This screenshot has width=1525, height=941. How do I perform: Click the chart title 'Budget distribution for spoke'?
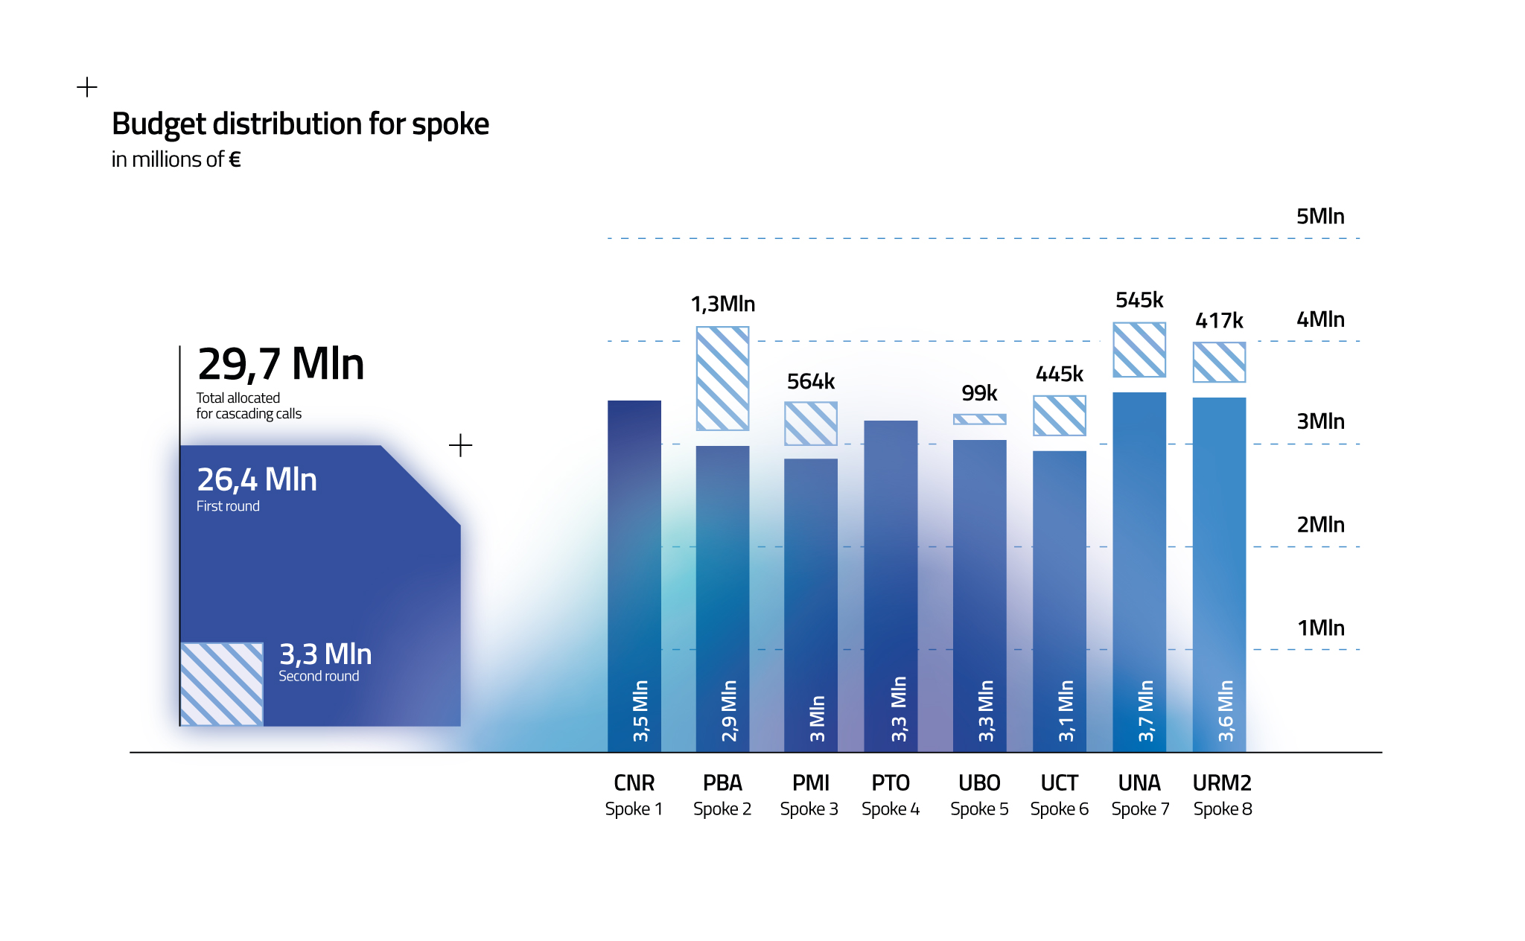300,124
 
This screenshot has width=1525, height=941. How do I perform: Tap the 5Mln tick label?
1319,217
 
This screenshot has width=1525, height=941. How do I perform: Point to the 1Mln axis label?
1320,628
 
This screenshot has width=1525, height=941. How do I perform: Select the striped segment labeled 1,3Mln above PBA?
722,378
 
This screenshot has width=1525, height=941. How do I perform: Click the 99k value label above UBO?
978,393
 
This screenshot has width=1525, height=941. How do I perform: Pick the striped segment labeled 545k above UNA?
1139,350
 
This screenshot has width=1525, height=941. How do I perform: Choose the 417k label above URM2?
1219,321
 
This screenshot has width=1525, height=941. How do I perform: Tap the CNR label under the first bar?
634,783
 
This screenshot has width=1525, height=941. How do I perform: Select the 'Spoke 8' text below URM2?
1222,809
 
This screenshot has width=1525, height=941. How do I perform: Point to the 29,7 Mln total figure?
281,364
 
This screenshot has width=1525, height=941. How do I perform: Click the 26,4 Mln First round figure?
257,480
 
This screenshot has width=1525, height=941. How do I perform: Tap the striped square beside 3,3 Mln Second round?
222,683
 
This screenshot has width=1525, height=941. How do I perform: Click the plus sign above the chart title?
87,87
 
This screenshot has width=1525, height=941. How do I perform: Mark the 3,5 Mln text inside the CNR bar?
640,711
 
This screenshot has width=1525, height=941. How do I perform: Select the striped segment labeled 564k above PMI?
810,424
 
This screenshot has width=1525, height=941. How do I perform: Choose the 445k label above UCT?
1059,374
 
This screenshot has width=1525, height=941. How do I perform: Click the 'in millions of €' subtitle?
176,159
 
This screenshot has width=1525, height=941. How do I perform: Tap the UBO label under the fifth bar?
979,783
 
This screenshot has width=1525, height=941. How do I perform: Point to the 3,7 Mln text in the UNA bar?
1145,711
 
